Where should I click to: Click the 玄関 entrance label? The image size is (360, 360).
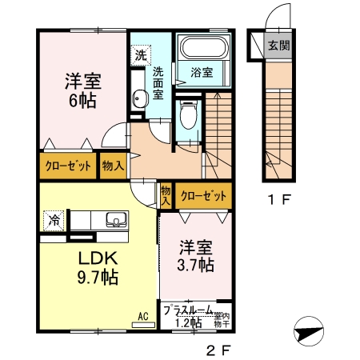click(x=278, y=46)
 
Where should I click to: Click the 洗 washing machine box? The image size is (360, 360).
click(x=141, y=55)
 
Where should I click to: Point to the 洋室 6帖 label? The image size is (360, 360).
click(x=82, y=89)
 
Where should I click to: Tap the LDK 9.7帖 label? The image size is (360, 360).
click(x=98, y=268)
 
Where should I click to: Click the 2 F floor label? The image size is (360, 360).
click(x=218, y=350)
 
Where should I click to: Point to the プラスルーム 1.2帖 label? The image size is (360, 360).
click(x=189, y=316)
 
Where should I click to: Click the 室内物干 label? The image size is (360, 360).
click(x=222, y=320)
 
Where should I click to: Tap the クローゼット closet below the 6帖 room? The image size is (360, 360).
click(x=67, y=166)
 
